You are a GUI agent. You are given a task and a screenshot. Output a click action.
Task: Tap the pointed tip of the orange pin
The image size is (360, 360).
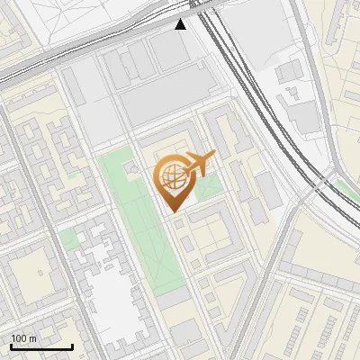(x=172, y=210)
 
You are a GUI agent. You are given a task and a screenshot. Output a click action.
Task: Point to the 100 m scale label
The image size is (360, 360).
(x=23, y=338)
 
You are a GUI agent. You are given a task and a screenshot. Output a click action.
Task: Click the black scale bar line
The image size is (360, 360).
(x=41, y=346)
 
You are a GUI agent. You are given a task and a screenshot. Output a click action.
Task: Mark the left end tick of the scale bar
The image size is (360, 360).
(x=11, y=346)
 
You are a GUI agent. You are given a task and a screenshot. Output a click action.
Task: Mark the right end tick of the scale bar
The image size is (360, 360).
(x=72, y=346)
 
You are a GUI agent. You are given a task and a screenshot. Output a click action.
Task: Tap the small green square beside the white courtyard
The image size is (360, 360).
(x=69, y=239)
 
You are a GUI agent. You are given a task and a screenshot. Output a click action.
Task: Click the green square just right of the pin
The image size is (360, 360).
(x=209, y=187)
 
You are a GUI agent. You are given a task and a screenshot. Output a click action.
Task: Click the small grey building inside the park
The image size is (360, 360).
(x=134, y=167)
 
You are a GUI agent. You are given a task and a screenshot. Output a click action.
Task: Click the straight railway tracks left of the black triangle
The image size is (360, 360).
(x=90, y=49)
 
